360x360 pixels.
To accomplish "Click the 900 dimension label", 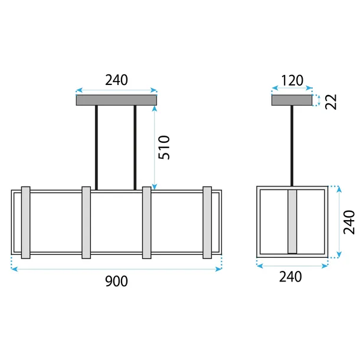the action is click(116, 282).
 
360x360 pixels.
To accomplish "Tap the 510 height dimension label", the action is click(164, 148).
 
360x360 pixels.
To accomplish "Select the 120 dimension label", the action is click(292, 80).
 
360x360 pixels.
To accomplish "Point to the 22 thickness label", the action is click(331, 102).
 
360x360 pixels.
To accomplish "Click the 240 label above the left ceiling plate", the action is click(116, 80).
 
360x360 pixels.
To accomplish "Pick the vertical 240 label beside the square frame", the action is click(349, 222).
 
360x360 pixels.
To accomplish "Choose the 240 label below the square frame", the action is click(290, 277).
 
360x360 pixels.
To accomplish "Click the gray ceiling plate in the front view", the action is click(116, 100).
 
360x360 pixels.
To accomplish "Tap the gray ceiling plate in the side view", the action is click(292, 100).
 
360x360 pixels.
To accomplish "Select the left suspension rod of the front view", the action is click(96, 148).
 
